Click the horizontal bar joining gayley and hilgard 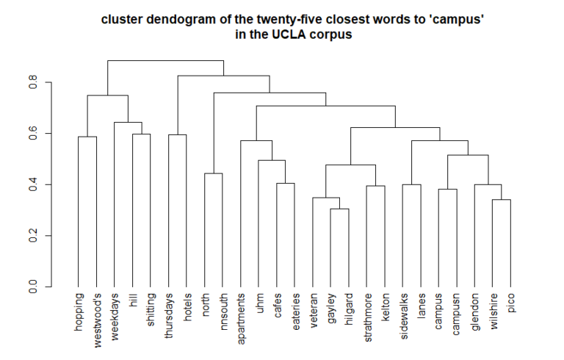[x=339, y=209]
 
